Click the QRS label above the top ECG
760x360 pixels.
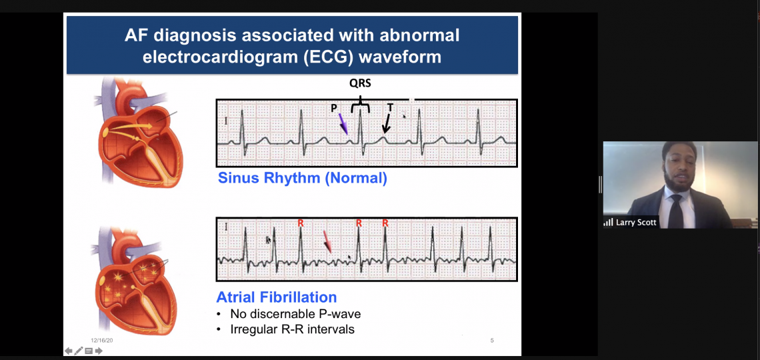tap(360, 83)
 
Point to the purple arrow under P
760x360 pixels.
tap(343, 123)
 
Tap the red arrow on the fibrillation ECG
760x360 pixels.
tap(327, 241)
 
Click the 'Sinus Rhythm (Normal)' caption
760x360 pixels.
tap(303, 178)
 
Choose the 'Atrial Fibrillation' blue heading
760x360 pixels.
tap(276, 297)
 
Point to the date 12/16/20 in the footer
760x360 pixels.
tap(102, 341)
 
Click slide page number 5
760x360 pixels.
tap(492, 341)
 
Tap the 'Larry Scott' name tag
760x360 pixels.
tap(636, 223)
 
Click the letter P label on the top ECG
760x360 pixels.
tap(334, 109)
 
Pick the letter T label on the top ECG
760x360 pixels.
tap(390, 107)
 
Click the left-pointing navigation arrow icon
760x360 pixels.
tap(69, 351)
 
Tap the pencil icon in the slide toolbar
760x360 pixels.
tap(79, 351)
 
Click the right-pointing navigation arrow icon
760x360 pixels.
tap(99, 351)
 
